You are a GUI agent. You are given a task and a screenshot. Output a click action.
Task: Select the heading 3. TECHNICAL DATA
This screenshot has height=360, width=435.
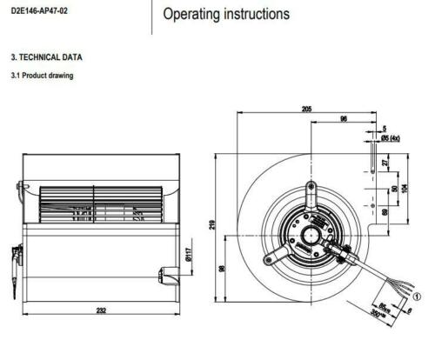[x=48, y=57]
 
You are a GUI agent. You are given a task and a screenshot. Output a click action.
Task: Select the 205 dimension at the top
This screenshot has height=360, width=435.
[x=307, y=110]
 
